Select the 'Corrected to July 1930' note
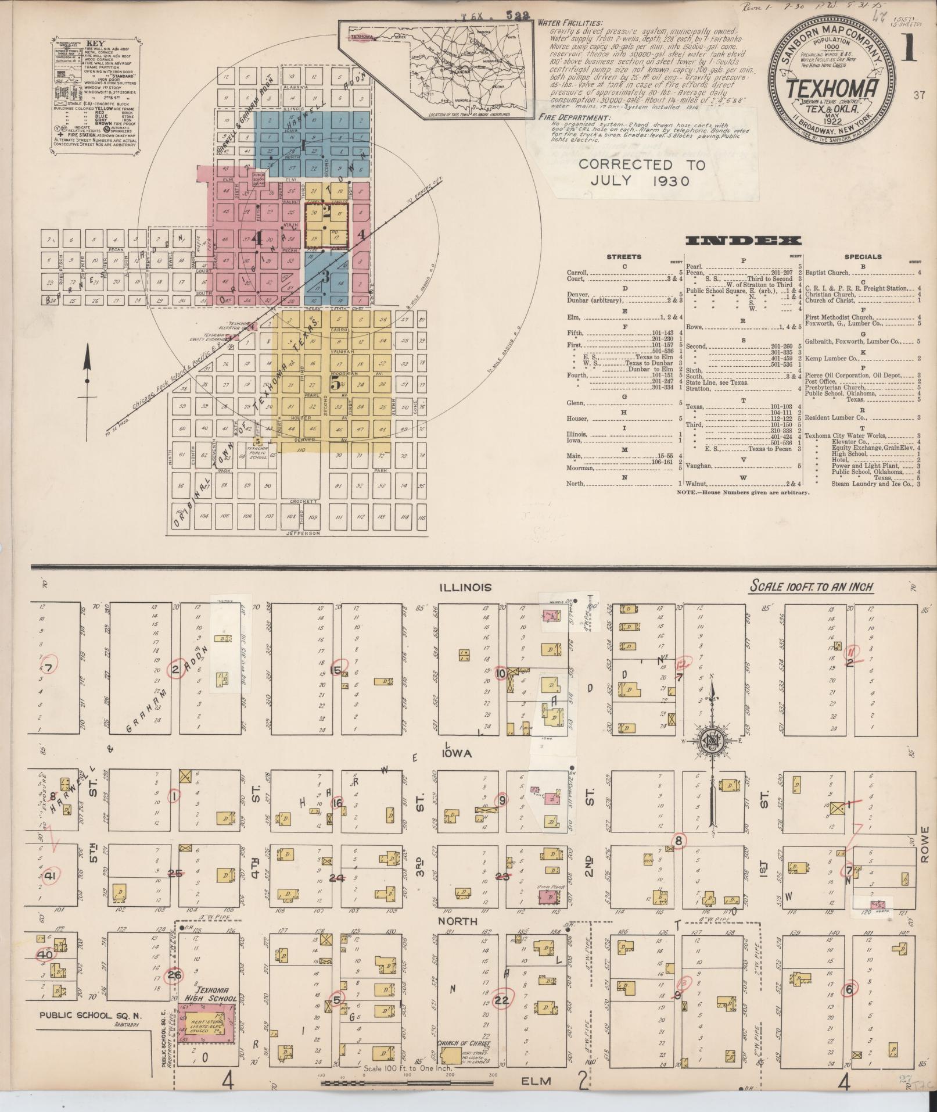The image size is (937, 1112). point(641,173)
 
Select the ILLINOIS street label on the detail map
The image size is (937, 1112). point(465,587)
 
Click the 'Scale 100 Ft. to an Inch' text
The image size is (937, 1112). point(812,586)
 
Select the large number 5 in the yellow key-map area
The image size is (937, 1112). point(335,383)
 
